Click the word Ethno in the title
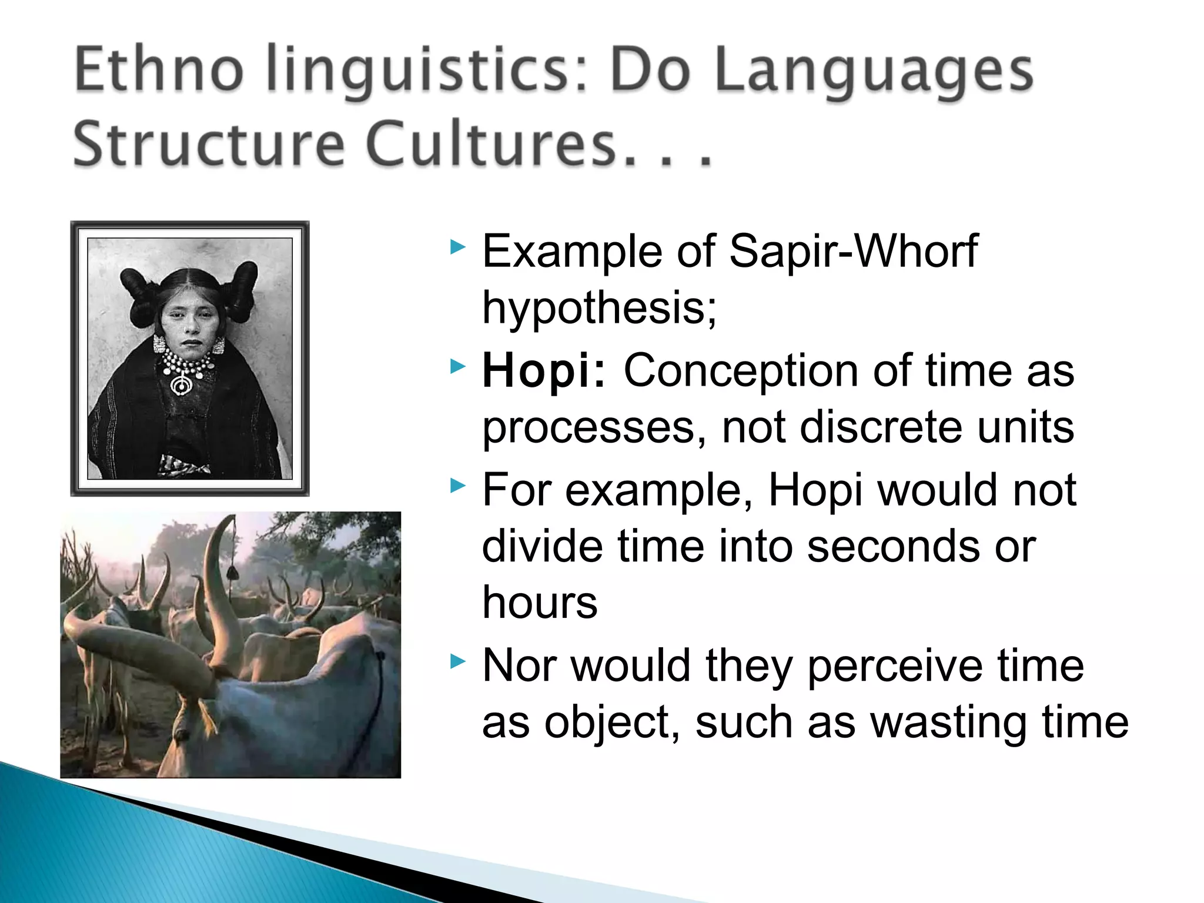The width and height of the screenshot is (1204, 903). (159, 71)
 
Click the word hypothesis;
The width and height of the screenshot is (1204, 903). (599, 308)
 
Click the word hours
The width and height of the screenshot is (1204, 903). (540, 603)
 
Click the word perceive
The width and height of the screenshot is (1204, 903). (894, 666)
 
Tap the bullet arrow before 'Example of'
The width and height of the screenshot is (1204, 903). (458, 248)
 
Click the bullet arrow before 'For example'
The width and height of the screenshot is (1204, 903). (458, 486)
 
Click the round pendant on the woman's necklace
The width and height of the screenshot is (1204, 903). (182, 385)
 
